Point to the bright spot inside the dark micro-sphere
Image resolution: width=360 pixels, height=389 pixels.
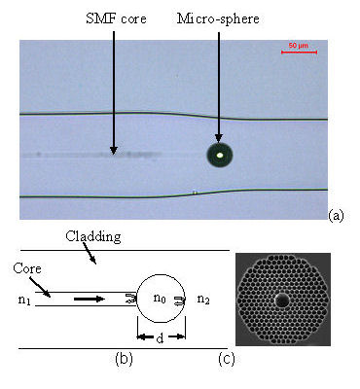tap(221, 154)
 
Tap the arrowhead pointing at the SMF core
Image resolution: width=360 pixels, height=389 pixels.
tap(114, 150)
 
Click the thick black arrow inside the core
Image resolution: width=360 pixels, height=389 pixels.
tap(90, 301)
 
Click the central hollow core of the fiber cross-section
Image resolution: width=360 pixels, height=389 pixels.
tap(282, 301)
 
